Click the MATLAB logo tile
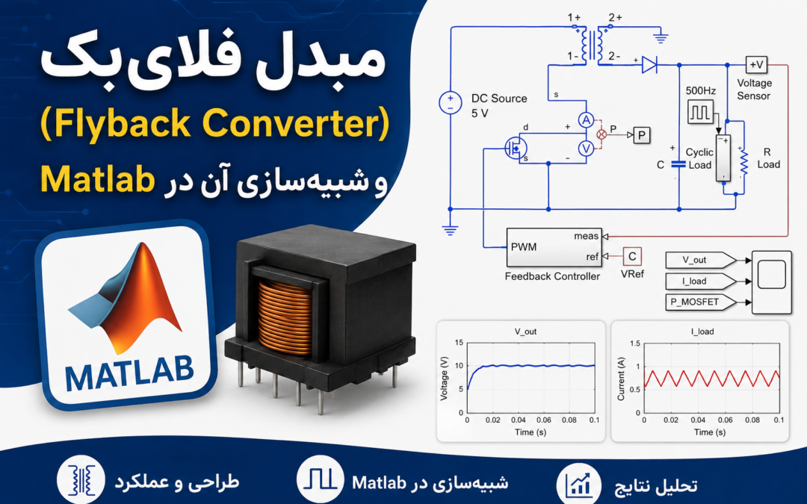[x=126, y=315]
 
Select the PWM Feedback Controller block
[x=554, y=247]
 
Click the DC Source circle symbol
[x=451, y=102]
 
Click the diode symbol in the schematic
[x=649, y=65]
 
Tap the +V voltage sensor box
[x=756, y=65]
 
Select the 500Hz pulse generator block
[x=701, y=111]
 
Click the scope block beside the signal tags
[x=771, y=281]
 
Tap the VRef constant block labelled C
[x=632, y=256]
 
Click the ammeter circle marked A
[x=586, y=120]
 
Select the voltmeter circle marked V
[x=586, y=149]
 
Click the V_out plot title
[x=525, y=332]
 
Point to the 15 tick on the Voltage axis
[x=459, y=343]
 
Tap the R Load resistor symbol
[x=743, y=161]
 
